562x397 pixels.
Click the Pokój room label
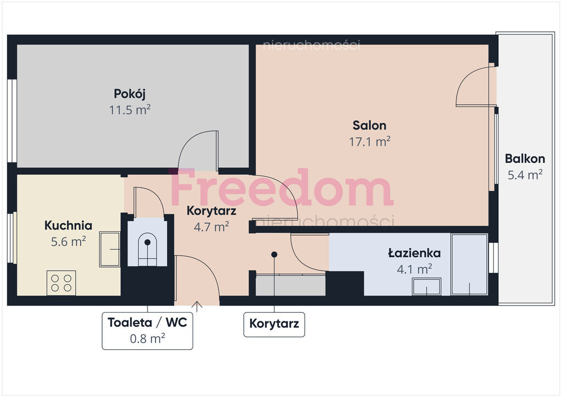tap(130, 94)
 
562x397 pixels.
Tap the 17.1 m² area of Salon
tap(369, 142)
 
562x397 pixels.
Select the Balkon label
tap(525, 158)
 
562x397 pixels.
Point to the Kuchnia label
tap(68, 225)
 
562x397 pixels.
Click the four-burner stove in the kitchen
tap(61, 283)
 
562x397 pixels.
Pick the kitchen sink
tap(110, 249)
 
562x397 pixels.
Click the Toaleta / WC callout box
tap(147, 331)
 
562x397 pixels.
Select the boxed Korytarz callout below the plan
tap(274, 324)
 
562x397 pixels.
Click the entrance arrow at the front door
tap(197, 306)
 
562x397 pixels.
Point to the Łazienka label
tap(414, 253)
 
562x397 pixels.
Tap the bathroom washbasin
tap(426, 286)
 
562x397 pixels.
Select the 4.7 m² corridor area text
tap(211, 226)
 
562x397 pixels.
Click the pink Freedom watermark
tap(282, 187)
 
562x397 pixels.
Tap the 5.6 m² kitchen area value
tap(68, 242)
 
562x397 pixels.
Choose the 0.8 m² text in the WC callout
tap(147, 338)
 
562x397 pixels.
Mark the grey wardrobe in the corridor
tap(291, 285)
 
